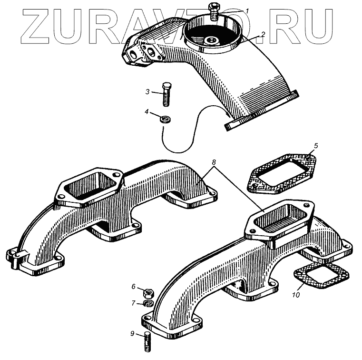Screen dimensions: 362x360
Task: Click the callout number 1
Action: [247, 10]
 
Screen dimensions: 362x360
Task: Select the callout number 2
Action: [262, 34]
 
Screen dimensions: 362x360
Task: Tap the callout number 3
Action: [148, 91]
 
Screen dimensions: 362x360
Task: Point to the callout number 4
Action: [147, 112]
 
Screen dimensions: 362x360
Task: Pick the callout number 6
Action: [134, 286]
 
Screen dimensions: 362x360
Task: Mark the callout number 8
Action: [214, 163]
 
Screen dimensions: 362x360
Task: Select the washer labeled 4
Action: [165, 118]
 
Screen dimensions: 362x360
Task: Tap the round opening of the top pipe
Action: [213, 33]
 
